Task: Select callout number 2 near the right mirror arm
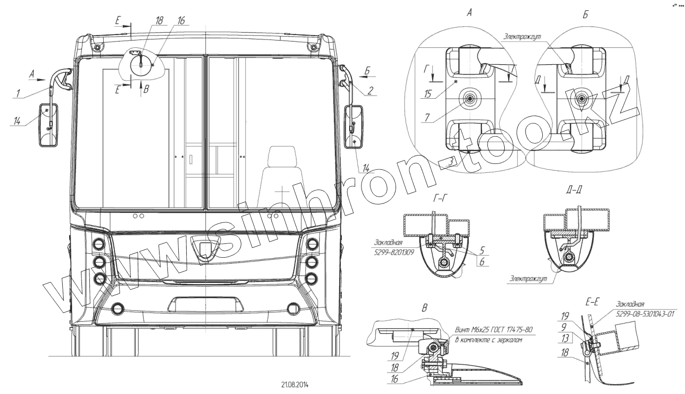tap(370, 90)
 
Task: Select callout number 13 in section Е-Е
tap(565, 339)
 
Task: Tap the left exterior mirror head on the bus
tap(48, 125)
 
